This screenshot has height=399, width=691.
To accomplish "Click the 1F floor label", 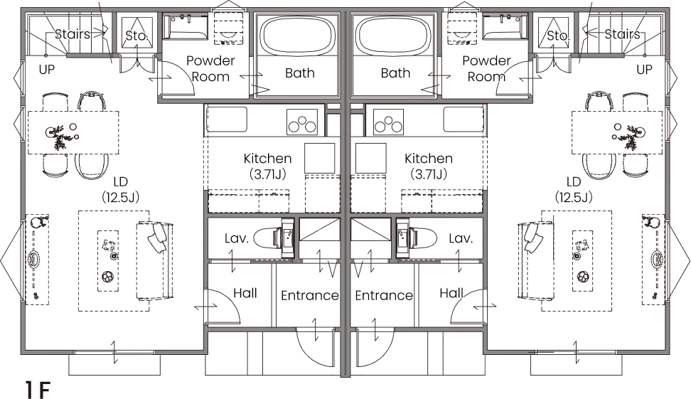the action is click(38, 389).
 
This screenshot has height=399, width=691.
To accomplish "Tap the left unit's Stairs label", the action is click(73, 34).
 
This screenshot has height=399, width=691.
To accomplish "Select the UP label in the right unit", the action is click(644, 69).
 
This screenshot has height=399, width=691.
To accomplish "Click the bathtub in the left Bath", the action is click(299, 36).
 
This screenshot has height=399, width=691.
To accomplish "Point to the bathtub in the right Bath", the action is click(394, 36).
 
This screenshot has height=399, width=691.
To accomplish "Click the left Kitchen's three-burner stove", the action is click(302, 122).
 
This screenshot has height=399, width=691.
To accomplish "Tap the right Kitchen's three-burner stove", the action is click(388, 122).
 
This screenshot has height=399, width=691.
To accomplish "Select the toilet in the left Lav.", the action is click(273, 238).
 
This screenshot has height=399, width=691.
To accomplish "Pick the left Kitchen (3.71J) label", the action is click(267, 166).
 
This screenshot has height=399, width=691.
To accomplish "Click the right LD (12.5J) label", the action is click(573, 189).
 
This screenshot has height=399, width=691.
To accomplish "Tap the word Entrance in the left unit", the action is click(310, 295).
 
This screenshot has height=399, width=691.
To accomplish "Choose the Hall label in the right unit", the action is click(451, 293).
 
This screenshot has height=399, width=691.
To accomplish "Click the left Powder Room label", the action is click(210, 68).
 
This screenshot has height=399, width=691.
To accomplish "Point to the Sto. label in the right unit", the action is click(558, 36).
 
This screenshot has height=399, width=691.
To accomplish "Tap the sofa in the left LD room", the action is click(154, 261).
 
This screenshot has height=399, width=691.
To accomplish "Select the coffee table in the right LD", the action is click(583, 260).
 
